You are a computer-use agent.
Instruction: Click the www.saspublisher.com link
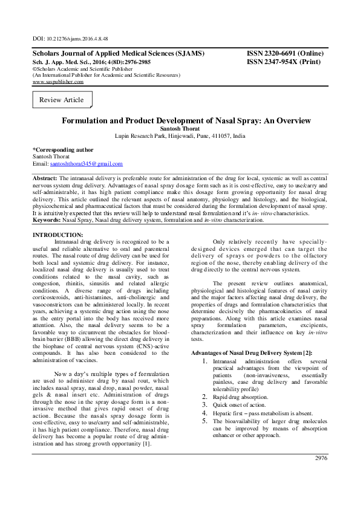tap(57, 82)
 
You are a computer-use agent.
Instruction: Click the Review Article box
tap(61, 100)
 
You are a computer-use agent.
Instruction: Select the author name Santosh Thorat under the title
tap(180, 129)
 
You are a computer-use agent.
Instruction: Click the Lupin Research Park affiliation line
tap(180, 137)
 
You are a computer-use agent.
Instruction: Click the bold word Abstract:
tap(45, 180)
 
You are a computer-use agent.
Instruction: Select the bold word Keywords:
tap(47, 221)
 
